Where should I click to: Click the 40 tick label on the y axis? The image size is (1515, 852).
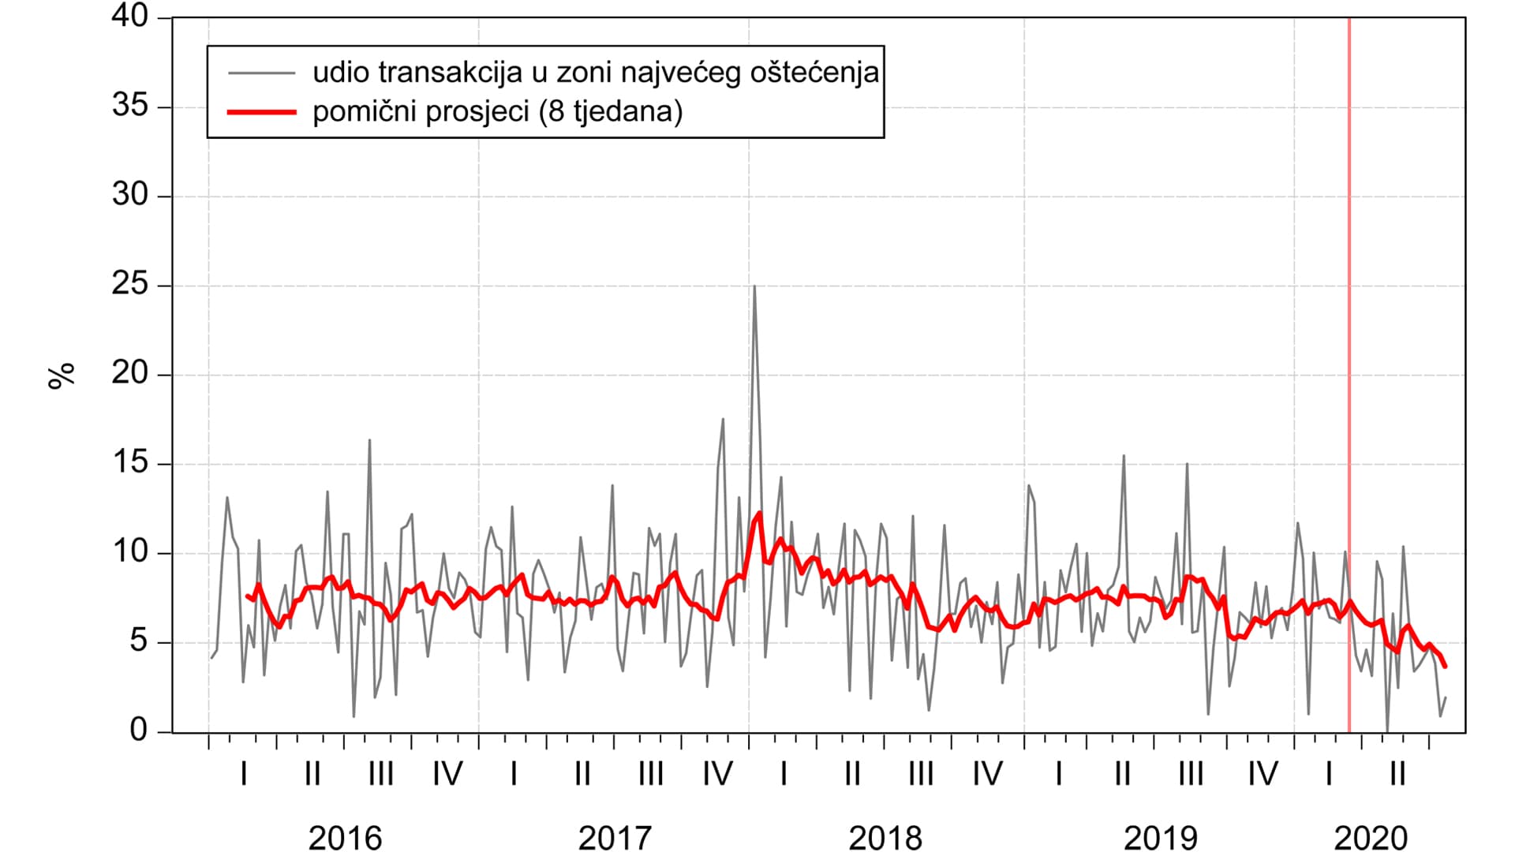(x=130, y=17)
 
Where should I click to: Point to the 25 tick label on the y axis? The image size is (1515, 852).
(x=130, y=284)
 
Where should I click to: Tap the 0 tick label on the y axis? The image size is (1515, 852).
(x=139, y=731)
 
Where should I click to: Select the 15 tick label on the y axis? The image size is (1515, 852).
(x=130, y=462)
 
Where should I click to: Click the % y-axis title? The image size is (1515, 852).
(x=62, y=375)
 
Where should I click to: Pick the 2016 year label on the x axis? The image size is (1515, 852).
(x=345, y=838)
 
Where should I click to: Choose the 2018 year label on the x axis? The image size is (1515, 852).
(x=885, y=838)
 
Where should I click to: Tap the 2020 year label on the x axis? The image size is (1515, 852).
(x=1371, y=838)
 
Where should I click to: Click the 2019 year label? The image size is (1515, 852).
(x=1160, y=838)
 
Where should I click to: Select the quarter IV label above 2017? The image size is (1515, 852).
(x=717, y=774)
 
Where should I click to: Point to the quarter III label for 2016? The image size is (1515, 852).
(x=380, y=774)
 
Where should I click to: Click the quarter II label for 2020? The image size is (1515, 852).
(x=1397, y=774)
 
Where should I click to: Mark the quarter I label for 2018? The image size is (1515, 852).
(x=784, y=774)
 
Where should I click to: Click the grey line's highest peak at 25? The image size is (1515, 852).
(x=754, y=286)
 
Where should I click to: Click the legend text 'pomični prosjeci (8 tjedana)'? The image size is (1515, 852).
(x=497, y=111)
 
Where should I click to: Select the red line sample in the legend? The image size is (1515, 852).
(x=261, y=112)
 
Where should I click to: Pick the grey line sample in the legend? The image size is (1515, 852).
(x=261, y=73)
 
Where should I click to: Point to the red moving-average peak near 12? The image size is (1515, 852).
(x=759, y=513)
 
